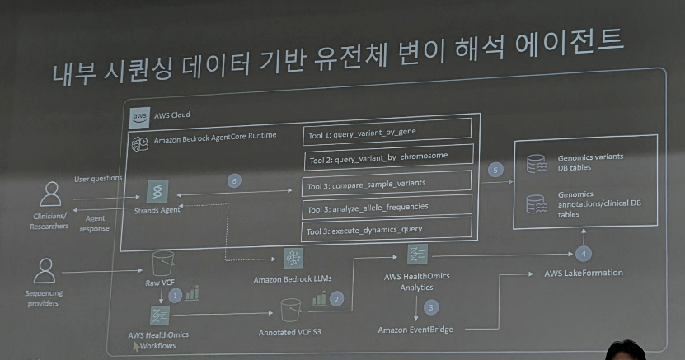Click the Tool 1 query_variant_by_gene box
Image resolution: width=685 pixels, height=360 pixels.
pos(387,131)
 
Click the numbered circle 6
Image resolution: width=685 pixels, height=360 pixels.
pos(235,180)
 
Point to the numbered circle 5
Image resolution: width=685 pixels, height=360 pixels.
pos(495,170)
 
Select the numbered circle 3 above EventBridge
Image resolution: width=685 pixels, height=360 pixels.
pos(430,306)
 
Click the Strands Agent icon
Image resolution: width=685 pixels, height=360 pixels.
pos(156,190)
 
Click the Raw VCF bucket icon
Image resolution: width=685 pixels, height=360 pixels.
pos(163,263)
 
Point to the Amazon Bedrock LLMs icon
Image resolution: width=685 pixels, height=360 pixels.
pos(293,258)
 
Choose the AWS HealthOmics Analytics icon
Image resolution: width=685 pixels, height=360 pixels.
pos(417,254)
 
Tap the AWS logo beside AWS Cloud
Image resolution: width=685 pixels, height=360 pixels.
pos(140,116)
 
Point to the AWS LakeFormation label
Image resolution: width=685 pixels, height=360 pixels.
pos(584,273)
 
